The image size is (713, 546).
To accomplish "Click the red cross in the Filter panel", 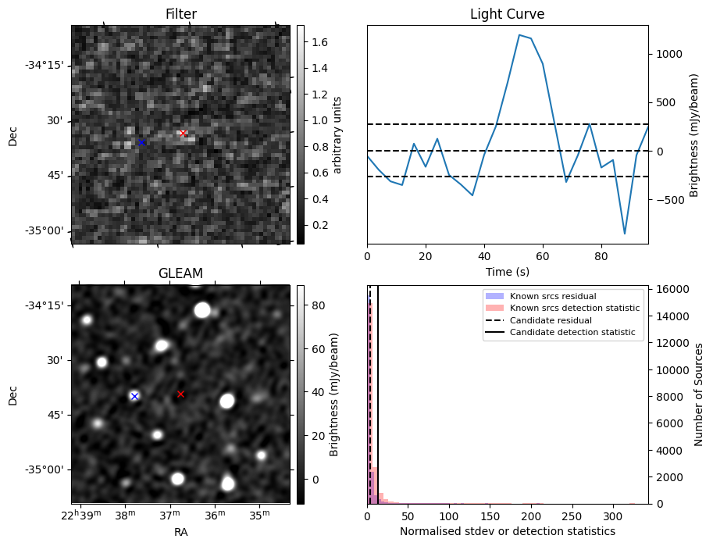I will (183, 134).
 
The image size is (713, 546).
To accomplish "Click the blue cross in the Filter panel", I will (141, 142).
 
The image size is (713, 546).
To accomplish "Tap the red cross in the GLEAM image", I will (180, 394).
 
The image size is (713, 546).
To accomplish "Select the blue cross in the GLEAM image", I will (134, 396).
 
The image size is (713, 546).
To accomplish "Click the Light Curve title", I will (507, 14).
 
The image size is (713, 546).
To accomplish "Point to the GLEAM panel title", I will (180, 273).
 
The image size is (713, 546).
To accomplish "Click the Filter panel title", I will (180, 14).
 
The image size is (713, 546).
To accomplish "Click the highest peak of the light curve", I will (519, 34).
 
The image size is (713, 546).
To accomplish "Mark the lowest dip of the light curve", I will (625, 234).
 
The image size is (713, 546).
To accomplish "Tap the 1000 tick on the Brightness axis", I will (666, 54).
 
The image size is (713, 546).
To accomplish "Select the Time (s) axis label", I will (507, 270).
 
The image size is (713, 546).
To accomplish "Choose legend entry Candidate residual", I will (550, 320).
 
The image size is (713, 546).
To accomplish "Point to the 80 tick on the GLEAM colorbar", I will (312, 306).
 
